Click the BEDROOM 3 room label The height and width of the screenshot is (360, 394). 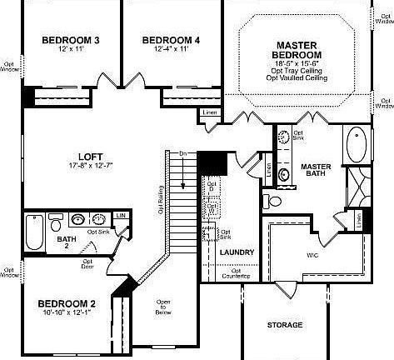[72, 39]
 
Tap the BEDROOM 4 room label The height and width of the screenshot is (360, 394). [171, 39]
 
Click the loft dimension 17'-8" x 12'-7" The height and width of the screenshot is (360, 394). [90, 167]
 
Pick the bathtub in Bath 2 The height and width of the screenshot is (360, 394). [34, 231]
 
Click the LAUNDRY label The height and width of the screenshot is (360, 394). [237, 252]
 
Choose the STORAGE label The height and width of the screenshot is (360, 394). [285, 324]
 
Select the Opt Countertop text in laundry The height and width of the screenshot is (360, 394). [237, 272]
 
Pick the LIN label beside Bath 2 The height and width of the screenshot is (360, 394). [122, 216]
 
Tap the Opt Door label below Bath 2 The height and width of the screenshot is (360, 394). [87, 264]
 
